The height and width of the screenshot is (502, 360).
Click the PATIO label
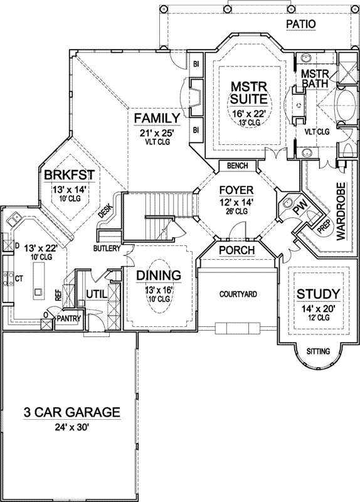tap(300, 24)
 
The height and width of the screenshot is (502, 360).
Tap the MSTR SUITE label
tap(240, 92)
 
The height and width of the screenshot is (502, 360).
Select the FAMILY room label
tap(157, 118)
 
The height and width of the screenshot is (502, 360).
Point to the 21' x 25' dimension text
tap(157, 133)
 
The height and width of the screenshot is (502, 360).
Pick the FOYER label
tap(235, 190)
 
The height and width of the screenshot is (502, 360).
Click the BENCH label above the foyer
tap(237, 166)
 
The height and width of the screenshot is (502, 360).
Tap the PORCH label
tap(236, 250)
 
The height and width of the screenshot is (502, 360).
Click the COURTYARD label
tap(238, 294)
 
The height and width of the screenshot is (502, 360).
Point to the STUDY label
tap(318, 293)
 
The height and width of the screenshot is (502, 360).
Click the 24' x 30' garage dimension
tap(71, 427)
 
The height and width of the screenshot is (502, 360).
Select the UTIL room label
tap(98, 293)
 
